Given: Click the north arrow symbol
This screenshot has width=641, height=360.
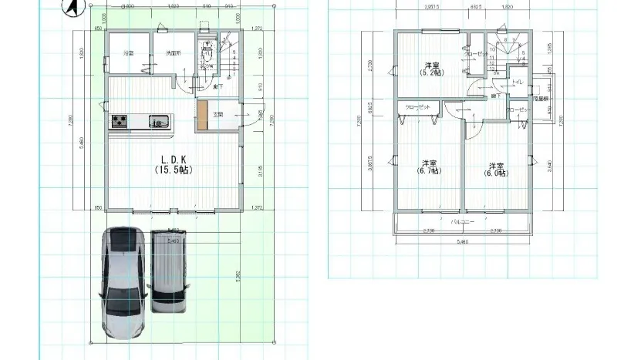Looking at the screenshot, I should pyautogui.click(x=69, y=8).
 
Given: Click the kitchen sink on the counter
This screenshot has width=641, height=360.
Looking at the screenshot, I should pyautogui.click(x=158, y=120).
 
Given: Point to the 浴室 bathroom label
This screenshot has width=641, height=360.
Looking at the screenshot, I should pyautogui.click(x=128, y=53).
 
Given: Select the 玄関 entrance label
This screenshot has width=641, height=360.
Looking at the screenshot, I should pyautogui.click(x=218, y=115).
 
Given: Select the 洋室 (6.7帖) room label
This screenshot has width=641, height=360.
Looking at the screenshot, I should pyautogui.click(x=430, y=168).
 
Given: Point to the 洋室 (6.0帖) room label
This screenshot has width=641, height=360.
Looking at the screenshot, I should pyautogui.click(x=495, y=170).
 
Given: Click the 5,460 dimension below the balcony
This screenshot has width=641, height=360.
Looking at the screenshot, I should pyautogui.click(x=462, y=243).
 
